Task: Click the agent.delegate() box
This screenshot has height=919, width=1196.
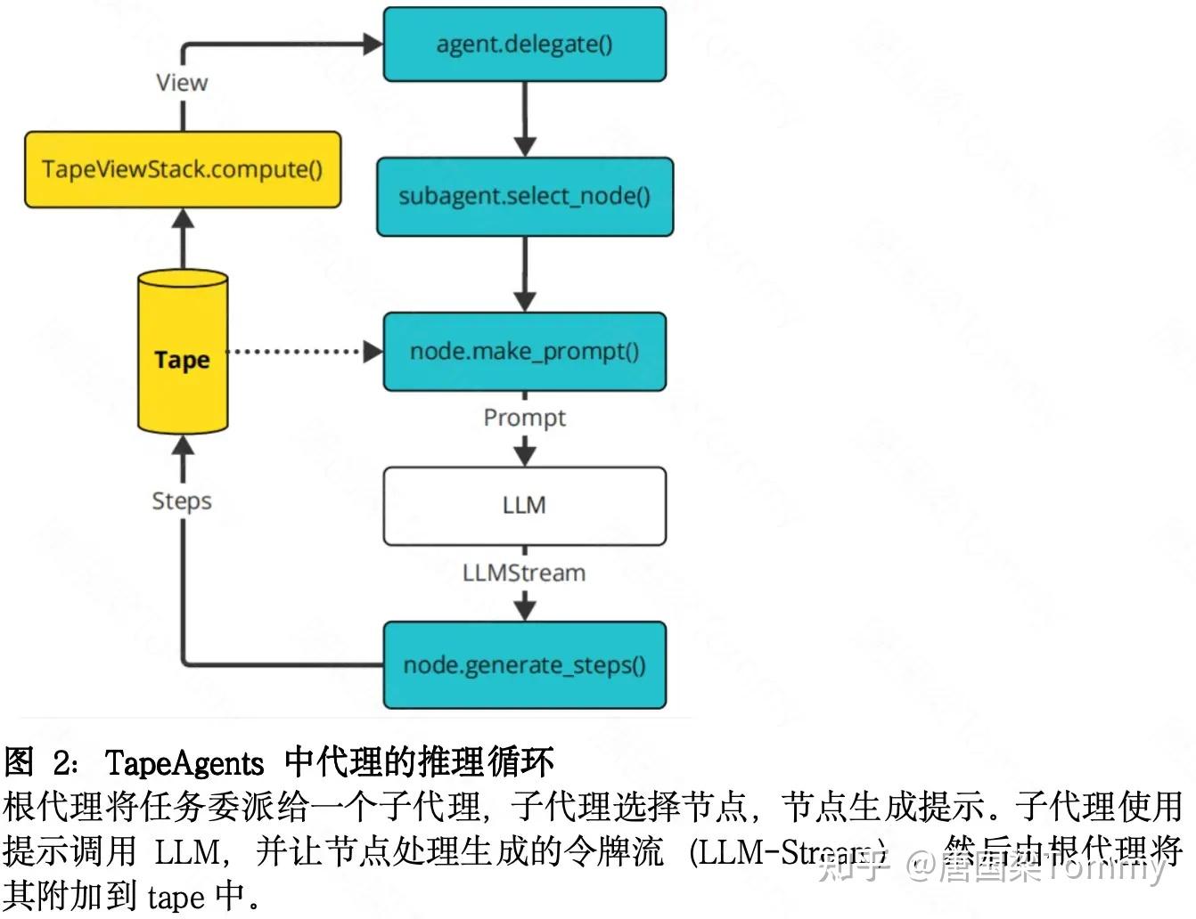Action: click(524, 45)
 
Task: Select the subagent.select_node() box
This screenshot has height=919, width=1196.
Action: click(524, 197)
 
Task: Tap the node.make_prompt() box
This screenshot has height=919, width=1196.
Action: click(524, 352)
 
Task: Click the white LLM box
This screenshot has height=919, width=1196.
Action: click(524, 506)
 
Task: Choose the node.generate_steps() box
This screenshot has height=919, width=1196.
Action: click(524, 665)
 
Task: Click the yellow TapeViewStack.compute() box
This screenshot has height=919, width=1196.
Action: click(183, 169)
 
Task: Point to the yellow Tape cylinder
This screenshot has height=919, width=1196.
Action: click(183, 356)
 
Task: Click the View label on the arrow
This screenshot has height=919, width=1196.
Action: click(182, 83)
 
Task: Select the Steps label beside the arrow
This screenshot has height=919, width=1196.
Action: click(182, 500)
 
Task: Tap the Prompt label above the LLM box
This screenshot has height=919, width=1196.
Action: click(524, 418)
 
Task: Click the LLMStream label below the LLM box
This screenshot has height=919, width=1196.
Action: click(524, 573)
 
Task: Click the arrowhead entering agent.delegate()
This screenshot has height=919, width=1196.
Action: click(373, 44)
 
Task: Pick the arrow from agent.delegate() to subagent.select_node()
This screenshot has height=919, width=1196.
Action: click(525, 119)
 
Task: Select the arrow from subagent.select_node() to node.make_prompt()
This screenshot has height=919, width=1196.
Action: click(525, 274)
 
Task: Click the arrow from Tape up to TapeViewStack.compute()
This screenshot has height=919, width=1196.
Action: click(183, 239)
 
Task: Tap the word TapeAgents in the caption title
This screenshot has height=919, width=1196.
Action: click(184, 763)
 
